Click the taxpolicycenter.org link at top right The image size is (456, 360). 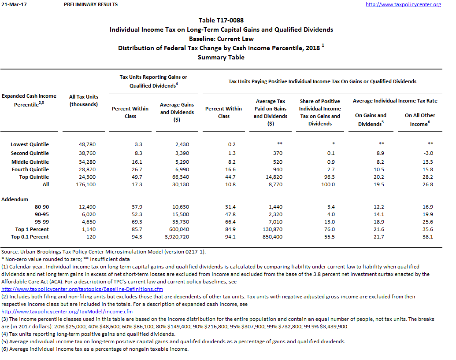403,4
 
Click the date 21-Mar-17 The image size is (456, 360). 11,4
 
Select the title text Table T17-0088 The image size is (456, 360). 221,20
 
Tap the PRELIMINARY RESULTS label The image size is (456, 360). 91,4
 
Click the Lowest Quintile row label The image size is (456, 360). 30,144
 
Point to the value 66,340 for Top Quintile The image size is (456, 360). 179,177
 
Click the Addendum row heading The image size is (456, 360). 15,199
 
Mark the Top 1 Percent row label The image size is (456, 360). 32,229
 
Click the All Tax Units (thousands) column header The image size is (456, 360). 84,100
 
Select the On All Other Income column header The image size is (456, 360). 419,119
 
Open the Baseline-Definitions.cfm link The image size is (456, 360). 82,289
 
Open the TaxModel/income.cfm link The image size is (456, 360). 67,312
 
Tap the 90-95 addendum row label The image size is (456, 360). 42,214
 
